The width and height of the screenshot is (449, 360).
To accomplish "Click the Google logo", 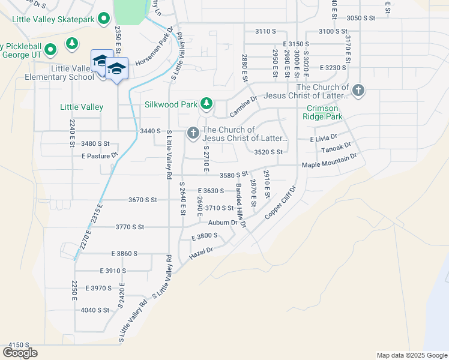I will [20, 353].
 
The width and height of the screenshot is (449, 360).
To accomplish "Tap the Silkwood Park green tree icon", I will [206, 104].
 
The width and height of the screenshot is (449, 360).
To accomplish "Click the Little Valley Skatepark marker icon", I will [104, 20].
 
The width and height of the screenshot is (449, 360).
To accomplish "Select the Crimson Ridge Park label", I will [324, 113].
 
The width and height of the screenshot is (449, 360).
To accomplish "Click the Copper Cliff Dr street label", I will [280, 207].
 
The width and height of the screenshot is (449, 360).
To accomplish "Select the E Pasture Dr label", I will [100, 156].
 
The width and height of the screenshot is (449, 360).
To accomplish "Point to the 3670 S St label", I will [142, 199].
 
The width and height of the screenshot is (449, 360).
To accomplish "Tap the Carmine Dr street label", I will [243, 106].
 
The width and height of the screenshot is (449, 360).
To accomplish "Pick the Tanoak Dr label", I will [336, 148].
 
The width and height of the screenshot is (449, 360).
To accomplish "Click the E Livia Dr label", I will [324, 139].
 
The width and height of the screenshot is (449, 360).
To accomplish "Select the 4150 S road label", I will [19, 345].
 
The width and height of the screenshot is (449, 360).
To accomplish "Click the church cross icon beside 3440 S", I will [193, 133].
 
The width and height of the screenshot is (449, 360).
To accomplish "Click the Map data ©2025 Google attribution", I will [411, 355].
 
